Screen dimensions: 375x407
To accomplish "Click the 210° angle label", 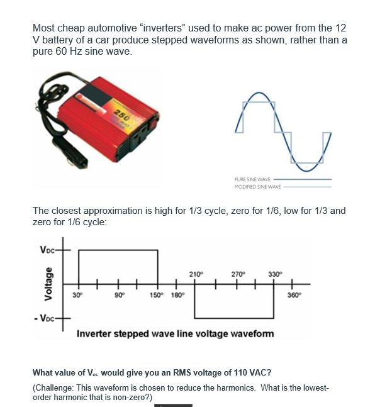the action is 195,273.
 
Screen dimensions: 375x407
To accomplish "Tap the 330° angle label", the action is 274,273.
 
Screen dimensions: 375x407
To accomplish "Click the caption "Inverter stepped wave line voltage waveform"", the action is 175,333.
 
